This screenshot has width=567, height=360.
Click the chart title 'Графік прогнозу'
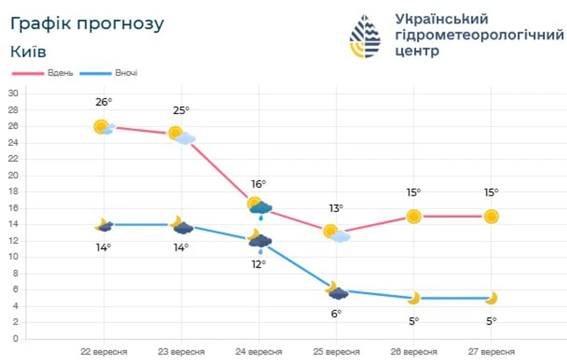(x=87, y=24)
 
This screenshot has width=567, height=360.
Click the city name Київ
(x=28, y=52)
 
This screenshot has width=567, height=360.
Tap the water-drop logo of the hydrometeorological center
(x=365, y=37)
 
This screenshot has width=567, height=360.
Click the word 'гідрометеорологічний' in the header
(x=479, y=35)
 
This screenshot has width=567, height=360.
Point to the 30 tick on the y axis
(x=13, y=93)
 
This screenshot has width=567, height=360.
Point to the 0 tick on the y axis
(x=15, y=338)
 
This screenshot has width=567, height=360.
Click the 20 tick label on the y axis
(x=13, y=175)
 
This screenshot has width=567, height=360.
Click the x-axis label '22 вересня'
(x=104, y=352)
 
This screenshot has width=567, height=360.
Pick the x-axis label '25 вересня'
(x=336, y=352)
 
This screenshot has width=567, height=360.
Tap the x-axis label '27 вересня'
(x=491, y=352)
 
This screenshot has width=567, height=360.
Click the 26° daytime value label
(x=104, y=102)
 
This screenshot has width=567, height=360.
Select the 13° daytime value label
(x=336, y=208)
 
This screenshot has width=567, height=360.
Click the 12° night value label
(x=259, y=264)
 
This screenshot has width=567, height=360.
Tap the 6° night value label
(x=336, y=313)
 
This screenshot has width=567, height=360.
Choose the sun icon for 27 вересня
(x=491, y=216)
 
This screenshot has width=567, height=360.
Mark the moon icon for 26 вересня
(x=414, y=298)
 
